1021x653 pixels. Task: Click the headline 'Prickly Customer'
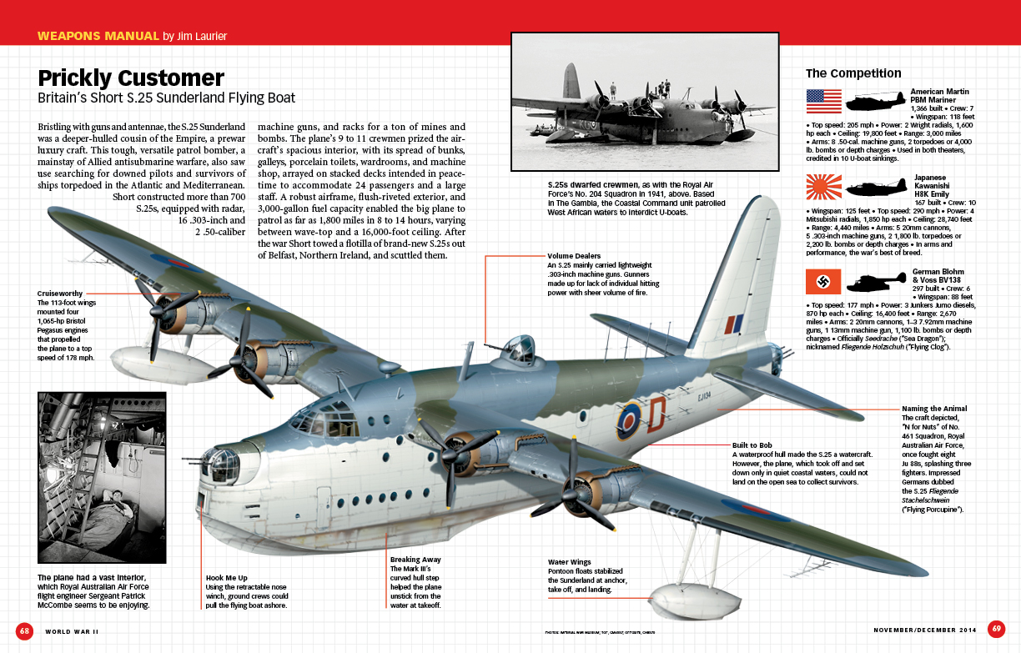(x=131, y=78)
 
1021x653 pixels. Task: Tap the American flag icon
(x=822, y=101)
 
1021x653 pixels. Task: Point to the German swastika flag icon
(x=822, y=282)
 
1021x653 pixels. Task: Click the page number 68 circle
(x=25, y=630)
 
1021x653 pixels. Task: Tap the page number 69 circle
(x=996, y=628)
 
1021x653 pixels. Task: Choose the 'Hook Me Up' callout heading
(x=227, y=577)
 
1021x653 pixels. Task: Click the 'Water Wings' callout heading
(x=570, y=561)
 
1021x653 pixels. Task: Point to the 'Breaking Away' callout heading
(x=415, y=559)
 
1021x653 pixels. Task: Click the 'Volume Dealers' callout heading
(x=574, y=256)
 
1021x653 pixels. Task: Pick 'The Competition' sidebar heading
(x=853, y=73)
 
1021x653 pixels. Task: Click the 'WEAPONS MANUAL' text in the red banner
(x=98, y=36)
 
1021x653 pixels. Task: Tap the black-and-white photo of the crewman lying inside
(x=102, y=477)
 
